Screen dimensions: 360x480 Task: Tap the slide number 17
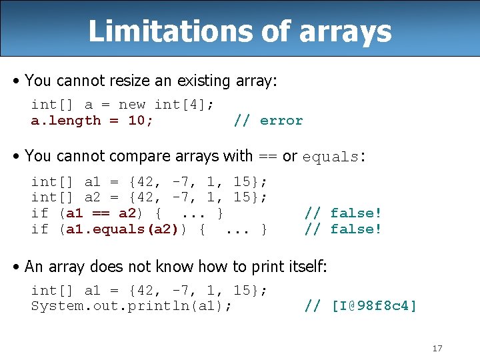tap(437, 348)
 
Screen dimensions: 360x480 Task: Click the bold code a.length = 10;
tap(92, 121)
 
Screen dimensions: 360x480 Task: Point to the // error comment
tap(268, 121)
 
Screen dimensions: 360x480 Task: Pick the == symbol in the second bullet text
tap(267, 157)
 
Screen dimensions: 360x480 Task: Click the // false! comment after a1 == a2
tap(343, 213)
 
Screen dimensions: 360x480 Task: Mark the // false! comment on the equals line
tap(343, 229)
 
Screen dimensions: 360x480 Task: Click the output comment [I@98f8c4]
tap(373, 306)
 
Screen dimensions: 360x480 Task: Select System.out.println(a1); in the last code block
tap(131, 306)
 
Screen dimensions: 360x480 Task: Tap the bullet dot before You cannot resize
tap(17, 81)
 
